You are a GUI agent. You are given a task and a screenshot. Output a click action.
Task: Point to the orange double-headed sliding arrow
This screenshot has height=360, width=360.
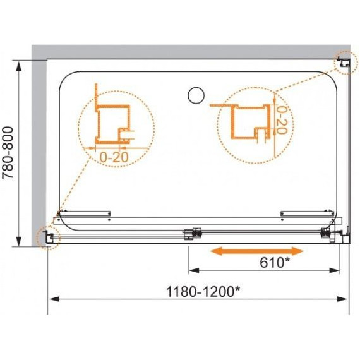pos(257,251)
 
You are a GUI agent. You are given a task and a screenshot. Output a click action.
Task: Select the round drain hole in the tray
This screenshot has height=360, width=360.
pos(196,95)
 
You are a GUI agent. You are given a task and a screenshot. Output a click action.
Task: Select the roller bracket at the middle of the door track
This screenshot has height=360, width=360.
pos(192,233)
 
